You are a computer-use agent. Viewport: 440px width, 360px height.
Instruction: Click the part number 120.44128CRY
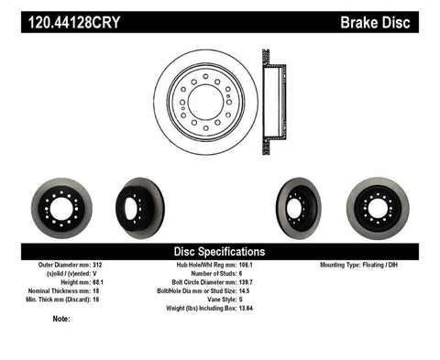click(58, 16)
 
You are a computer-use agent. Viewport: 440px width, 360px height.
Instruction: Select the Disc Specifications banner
click(219, 250)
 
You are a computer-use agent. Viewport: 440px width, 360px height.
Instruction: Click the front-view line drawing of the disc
click(207, 102)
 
